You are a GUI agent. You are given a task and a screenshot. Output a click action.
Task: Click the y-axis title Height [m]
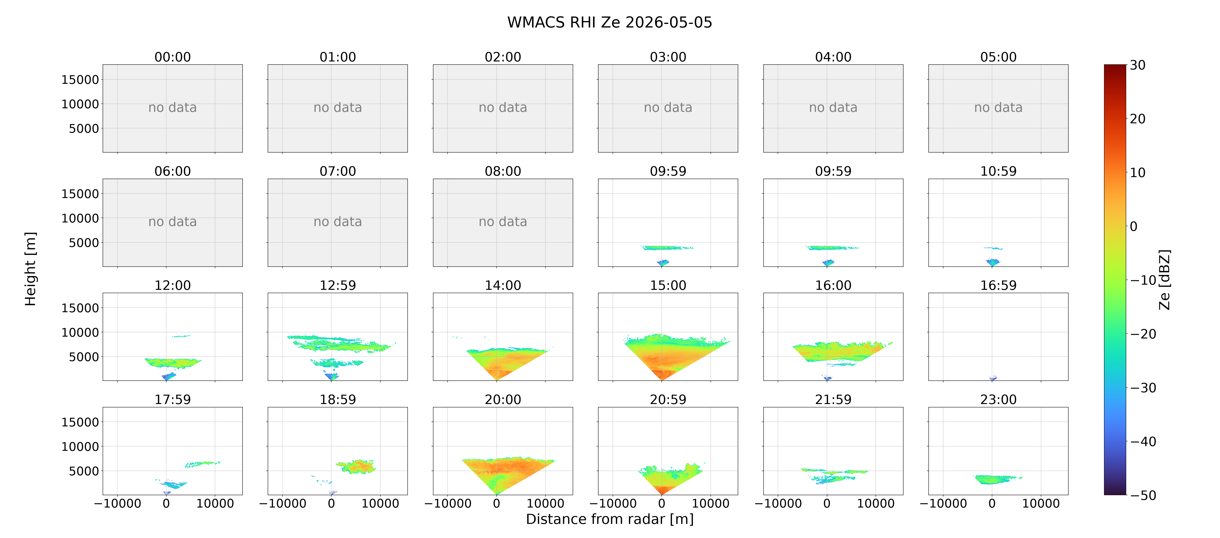[30, 269]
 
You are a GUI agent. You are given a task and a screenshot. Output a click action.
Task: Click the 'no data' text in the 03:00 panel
[668, 108]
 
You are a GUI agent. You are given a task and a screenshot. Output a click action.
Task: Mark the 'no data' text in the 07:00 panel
[338, 222]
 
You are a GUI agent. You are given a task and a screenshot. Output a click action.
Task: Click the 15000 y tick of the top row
[80, 80]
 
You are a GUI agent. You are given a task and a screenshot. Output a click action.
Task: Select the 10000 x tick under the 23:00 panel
[1041, 503]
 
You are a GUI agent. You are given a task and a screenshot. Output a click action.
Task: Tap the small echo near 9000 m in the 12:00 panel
[181, 336]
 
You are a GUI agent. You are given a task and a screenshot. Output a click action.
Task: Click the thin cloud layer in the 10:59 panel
[993, 248]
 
